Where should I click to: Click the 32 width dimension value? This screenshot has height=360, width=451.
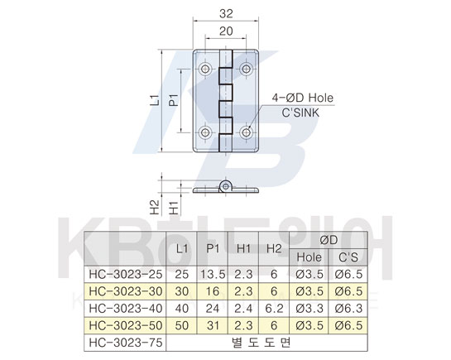coord(226,14)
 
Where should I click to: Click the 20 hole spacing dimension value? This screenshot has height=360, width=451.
coord(226,31)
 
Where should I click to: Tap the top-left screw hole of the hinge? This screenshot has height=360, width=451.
coord(205,69)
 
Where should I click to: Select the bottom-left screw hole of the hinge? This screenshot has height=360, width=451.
coord(205,132)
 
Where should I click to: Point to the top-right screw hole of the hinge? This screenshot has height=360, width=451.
coord(247,69)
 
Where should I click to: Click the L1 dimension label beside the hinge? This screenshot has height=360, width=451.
coord(155,100)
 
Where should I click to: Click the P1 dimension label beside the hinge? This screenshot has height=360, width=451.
coord(174,100)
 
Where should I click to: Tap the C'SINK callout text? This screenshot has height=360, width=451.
coord(300,113)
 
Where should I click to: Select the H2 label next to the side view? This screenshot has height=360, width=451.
coord(155,207)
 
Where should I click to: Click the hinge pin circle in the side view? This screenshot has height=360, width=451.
coord(226,187)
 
